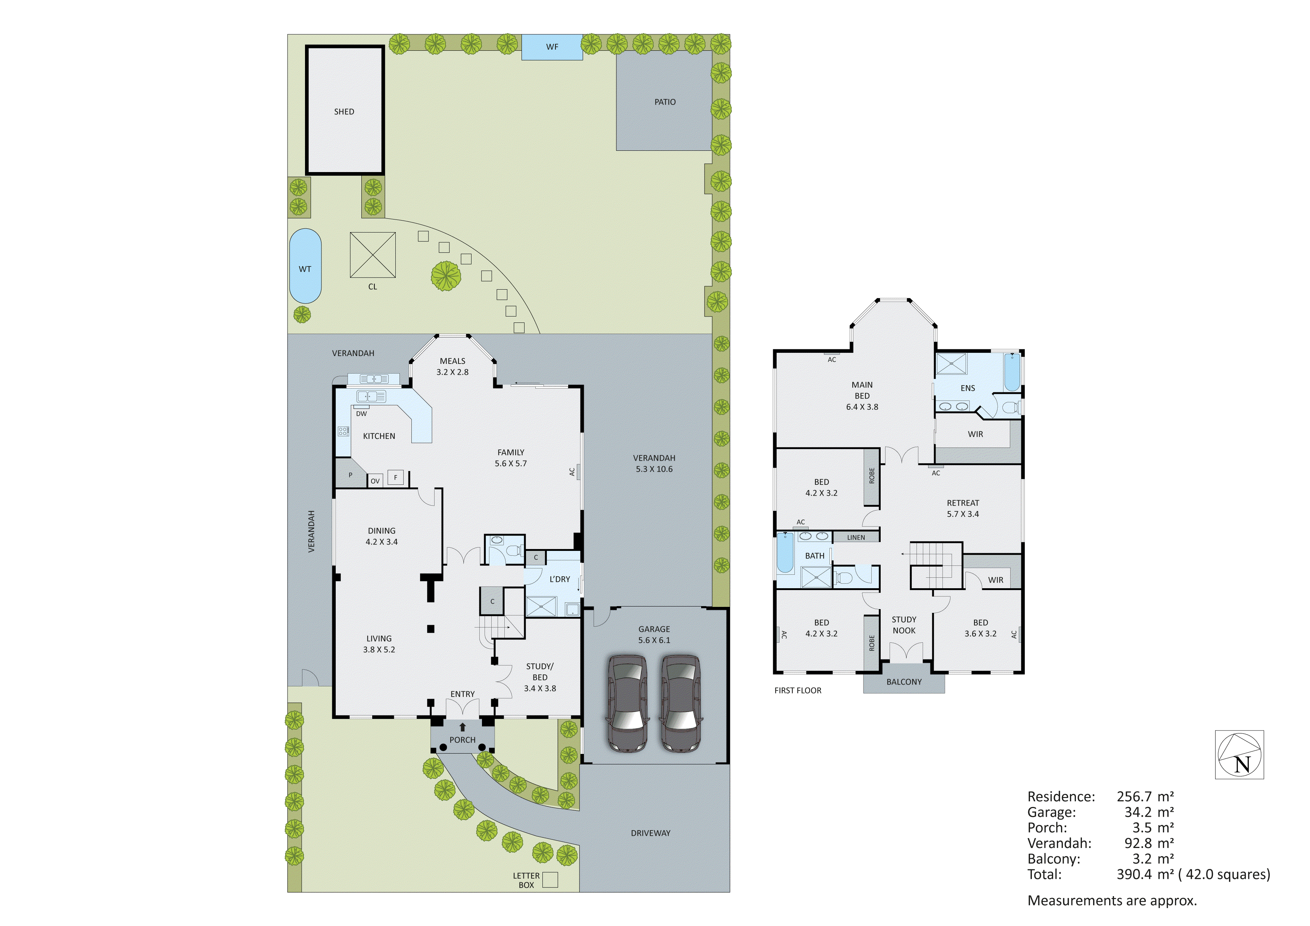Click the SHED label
click(344, 112)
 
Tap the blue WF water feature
click(552, 47)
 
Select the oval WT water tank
click(305, 266)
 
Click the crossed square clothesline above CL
click(373, 255)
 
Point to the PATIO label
click(665, 102)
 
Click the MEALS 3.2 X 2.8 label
click(452, 366)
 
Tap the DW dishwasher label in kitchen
click(361, 414)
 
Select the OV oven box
click(375, 481)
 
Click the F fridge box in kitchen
click(395, 477)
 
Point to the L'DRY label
click(560, 579)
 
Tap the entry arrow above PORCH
click(463, 727)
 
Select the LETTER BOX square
click(550, 879)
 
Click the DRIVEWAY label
click(650, 833)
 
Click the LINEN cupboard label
click(856, 537)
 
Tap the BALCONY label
click(904, 682)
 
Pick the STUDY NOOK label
click(904, 625)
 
